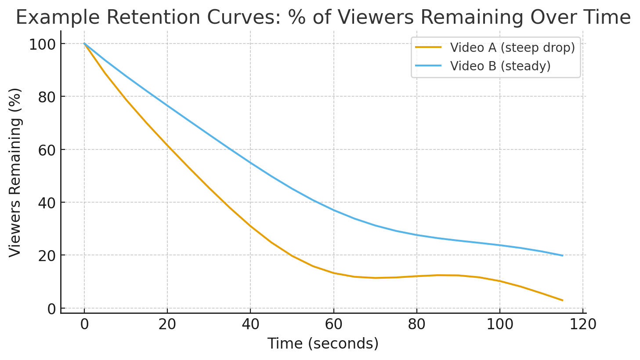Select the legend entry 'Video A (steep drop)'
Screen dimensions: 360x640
coord(512,47)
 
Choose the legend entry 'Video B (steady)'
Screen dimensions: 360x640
coord(500,66)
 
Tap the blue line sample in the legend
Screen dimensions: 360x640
coord(428,66)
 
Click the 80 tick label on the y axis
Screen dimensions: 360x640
coord(47,97)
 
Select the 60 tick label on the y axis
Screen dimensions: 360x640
coord(47,149)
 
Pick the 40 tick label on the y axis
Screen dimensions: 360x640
coord(47,203)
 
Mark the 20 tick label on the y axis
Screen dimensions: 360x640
coord(47,255)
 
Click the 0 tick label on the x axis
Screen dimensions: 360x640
coord(84,325)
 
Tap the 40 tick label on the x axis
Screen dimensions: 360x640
coord(250,325)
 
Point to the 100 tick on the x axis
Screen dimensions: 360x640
coord(500,325)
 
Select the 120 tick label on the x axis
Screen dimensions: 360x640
coord(583,325)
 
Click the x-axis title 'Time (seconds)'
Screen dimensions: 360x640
coord(323,343)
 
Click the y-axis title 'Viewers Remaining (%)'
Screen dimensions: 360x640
coord(15,172)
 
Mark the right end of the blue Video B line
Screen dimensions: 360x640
coord(562,255)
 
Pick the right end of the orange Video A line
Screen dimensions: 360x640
coord(562,300)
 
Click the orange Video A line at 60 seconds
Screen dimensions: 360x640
coord(334,273)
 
